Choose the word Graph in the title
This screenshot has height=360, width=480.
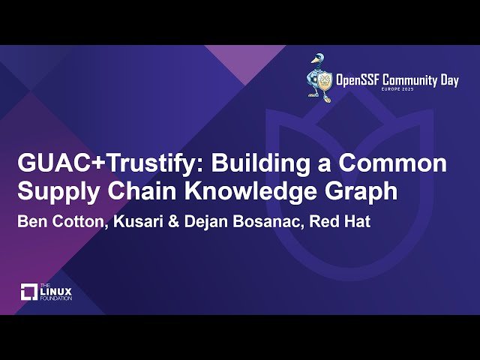[x=363, y=192]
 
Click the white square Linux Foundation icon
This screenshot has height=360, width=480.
[x=30, y=292]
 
